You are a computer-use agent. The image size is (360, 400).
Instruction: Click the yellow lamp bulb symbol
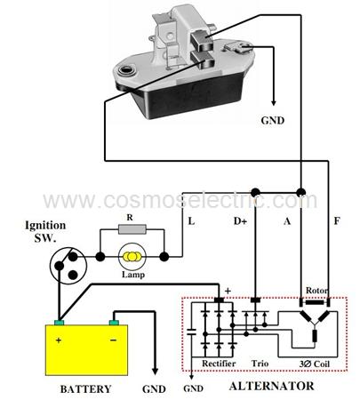(x=132, y=257)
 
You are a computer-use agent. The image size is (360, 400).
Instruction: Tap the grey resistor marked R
(x=132, y=229)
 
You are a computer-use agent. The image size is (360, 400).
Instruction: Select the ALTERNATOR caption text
(x=271, y=386)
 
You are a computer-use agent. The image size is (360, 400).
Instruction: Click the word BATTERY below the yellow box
(x=85, y=389)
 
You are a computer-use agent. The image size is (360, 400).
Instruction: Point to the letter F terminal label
(x=337, y=221)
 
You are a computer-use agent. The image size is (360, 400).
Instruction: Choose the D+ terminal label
(x=240, y=221)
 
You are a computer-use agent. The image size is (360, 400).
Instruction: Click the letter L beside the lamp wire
(x=191, y=221)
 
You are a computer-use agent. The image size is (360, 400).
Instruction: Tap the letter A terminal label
(x=287, y=221)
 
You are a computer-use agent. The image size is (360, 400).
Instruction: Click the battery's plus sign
(x=59, y=340)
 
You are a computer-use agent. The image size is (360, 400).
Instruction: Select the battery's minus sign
(x=113, y=340)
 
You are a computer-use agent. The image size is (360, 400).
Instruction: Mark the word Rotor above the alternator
(x=316, y=291)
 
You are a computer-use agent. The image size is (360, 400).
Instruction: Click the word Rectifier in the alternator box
(x=219, y=364)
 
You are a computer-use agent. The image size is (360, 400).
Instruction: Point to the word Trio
(x=260, y=364)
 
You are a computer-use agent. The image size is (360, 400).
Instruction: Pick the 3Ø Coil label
(x=315, y=364)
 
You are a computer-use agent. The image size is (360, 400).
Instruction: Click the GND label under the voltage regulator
(x=273, y=121)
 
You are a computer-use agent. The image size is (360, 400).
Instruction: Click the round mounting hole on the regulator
(x=126, y=71)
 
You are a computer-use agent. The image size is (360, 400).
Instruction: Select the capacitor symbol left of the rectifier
(x=191, y=332)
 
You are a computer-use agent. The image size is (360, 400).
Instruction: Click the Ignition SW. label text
(x=45, y=232)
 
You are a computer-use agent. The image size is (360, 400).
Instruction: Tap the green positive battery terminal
(x=60, y=323)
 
